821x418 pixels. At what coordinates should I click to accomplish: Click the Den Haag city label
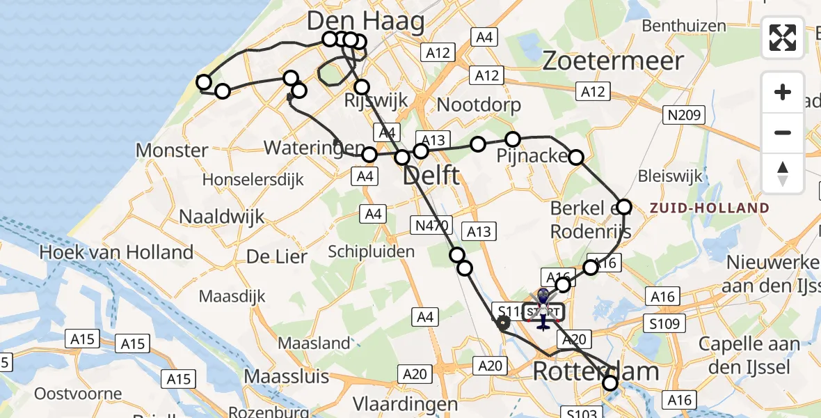(x=365, y=22)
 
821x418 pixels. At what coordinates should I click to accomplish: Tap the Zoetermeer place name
(x=612, y=61)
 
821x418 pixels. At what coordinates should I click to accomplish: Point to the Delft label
(x=431, y=175)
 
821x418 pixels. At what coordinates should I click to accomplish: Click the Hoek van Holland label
(x=116, y=251)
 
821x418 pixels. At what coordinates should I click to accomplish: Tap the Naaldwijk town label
(x=222, y=216)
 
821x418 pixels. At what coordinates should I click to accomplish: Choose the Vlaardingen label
(x=405, y=404)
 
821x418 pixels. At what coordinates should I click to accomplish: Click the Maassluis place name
(x=286, y=377)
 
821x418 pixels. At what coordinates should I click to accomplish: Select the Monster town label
(x=172, y=150)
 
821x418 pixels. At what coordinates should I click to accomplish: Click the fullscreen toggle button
(x=783, y=38)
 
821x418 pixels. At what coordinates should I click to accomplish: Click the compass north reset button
(x=783, y=173)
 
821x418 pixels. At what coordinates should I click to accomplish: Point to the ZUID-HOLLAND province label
(x=710, y=208)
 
